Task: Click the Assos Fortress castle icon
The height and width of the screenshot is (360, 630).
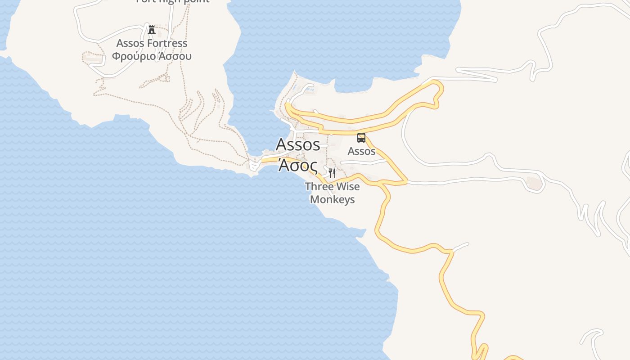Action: click(152, 30)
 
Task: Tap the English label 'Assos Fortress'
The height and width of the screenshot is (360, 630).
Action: click(152, 43)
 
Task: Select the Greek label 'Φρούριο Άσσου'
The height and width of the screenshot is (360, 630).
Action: click(152, 56)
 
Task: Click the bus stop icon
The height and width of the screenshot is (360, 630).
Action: click(361, 138)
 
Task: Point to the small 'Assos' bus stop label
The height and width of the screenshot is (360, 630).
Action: click(361, 151)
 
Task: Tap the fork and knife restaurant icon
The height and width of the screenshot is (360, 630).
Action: click(332, 173)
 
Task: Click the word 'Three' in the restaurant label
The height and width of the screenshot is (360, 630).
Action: click(319, 186)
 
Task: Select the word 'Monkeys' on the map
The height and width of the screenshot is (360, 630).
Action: click(333, 199)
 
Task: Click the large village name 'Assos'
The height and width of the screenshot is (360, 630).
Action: click(298, 144)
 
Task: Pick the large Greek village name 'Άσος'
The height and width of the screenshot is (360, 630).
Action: click(298, 165)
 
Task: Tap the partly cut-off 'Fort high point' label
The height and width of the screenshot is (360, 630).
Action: click(173, 1)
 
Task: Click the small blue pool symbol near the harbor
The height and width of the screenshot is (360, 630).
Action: click(310, 90)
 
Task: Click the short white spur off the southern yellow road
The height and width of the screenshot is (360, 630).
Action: click(460, 247)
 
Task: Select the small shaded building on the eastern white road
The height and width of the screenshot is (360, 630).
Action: click(534, 183)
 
